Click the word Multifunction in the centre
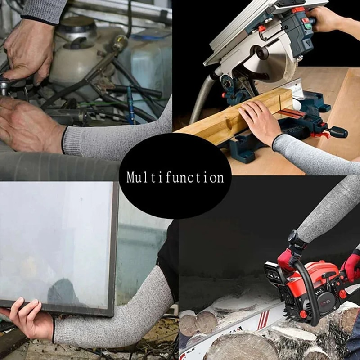pyautogui.click(x=175, y=177)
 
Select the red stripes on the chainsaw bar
pyautogui.click(x=263, y=321)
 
